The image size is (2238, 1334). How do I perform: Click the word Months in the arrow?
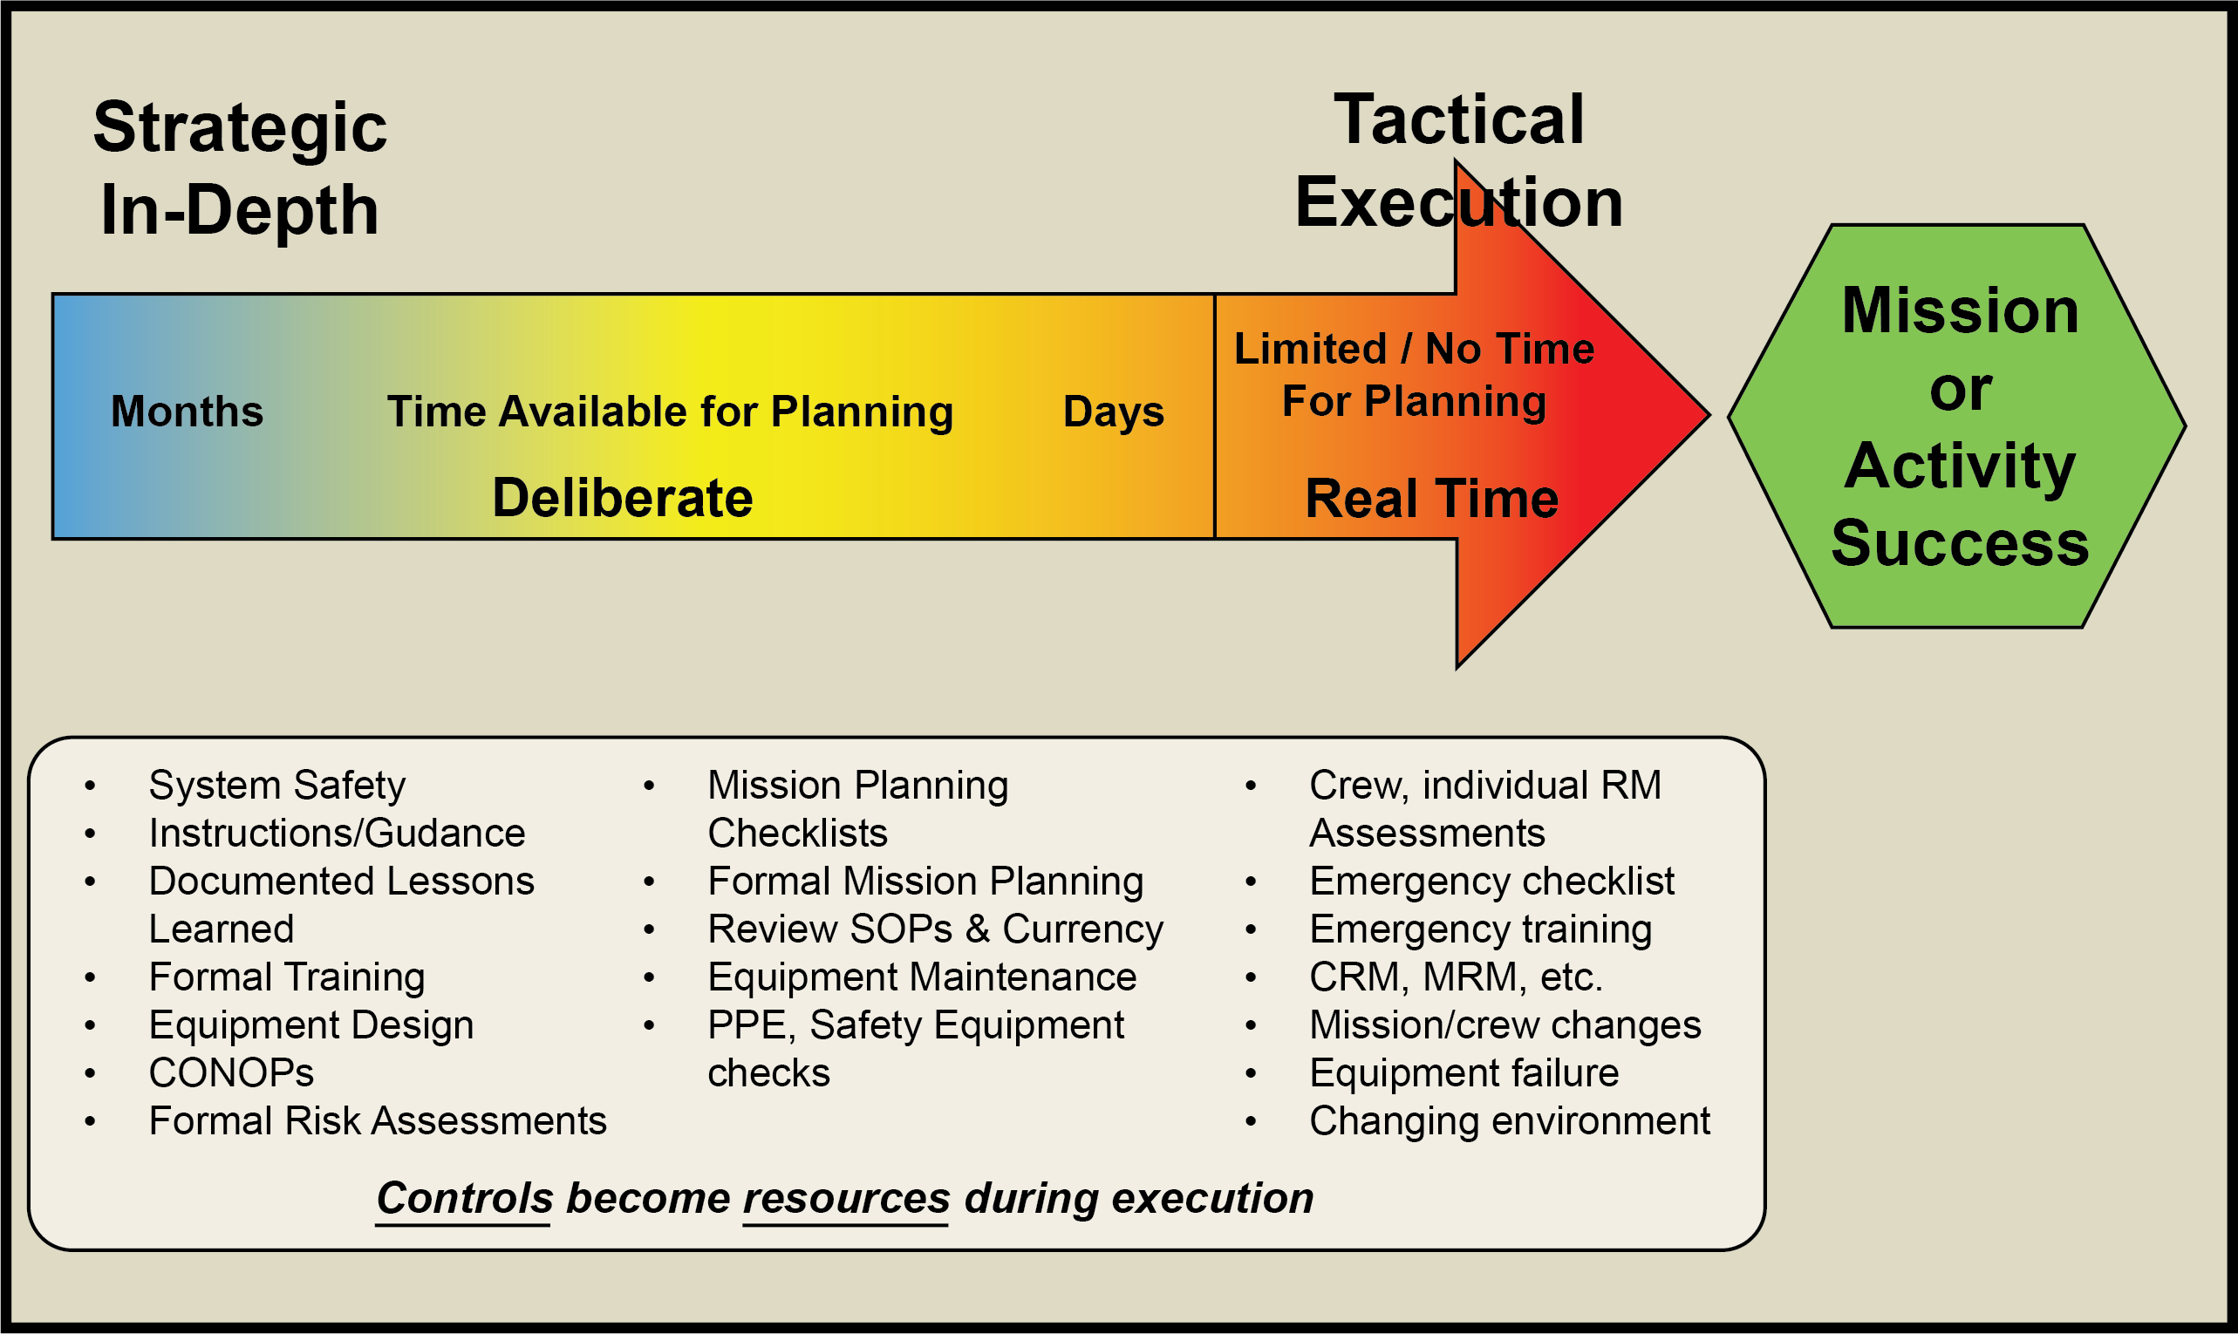tap(187, 412)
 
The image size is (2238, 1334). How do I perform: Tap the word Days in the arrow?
tap(1113, 412)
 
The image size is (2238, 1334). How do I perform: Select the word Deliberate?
tap(622, 498)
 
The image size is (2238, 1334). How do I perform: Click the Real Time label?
tap(1431, 499)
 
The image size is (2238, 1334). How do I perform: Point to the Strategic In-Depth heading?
tap(239, 168)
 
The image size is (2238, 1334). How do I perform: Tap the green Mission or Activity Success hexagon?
tap(1958, 425)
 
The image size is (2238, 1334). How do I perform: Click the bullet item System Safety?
tap(277, 785)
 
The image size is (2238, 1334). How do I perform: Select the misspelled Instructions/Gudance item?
tap(338, 833)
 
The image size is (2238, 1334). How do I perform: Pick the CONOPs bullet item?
tap(231, 1072)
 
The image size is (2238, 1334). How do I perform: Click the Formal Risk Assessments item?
tap(378, 1120)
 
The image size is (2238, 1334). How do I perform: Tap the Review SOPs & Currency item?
tap(935, 929)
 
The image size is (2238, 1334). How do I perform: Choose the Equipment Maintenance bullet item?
tap(922, 977)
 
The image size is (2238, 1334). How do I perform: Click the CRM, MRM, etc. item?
tap(1456, 977)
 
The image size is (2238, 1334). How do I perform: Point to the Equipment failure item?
tap(1464, 1072)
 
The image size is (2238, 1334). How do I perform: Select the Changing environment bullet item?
tap(1510, 1120)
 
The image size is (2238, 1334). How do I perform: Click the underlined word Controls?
tap(464, 1197)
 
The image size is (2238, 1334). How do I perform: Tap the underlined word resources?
tap(846, 1197)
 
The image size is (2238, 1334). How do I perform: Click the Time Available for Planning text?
tap(670, 412)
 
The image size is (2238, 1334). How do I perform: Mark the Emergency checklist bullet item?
tap(1491, 881)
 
